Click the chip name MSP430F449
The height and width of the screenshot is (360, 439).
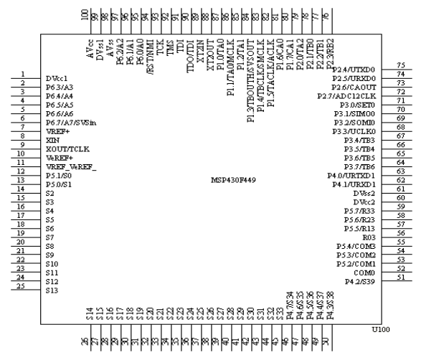click(234, 179)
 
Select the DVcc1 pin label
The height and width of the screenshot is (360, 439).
click(57, 78)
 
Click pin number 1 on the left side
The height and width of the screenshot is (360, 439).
click(24, 74)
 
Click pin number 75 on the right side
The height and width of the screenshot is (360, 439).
click(402, 65)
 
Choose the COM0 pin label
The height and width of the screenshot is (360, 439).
click(364, 273)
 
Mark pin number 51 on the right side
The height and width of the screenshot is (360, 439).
click(402, 278)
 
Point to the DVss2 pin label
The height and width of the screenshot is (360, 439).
click(364, 194)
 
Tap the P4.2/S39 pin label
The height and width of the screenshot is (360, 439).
click(360, 282)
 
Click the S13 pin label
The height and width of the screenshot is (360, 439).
click(51, 291)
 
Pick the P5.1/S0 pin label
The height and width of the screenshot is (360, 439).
click(58, 176)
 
